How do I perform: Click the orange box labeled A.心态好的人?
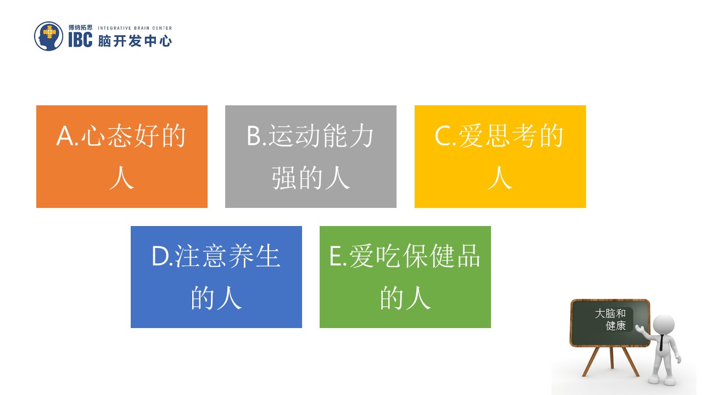(x=121, y=156)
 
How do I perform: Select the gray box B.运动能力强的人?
(x=310, y=156)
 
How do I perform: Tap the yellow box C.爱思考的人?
(x=500, y=156)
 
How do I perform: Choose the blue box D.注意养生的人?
(x=216, y=276)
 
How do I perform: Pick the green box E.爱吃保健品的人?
(x=405, y=276)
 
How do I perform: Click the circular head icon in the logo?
(x=49, y=36)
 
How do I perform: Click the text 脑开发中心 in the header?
(x=135, y=41)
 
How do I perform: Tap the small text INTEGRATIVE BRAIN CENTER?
(x=135, y=28)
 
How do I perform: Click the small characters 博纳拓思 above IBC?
(x=80, y=27)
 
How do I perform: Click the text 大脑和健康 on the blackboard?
(x=611, y=319)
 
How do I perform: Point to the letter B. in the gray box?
(x=256, y=137)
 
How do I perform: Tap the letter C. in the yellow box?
(x=445, y=137)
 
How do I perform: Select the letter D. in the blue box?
(x=163, y=257)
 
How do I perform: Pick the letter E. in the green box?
(x=338, y=257)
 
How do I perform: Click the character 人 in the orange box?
(x=121, y=178)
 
